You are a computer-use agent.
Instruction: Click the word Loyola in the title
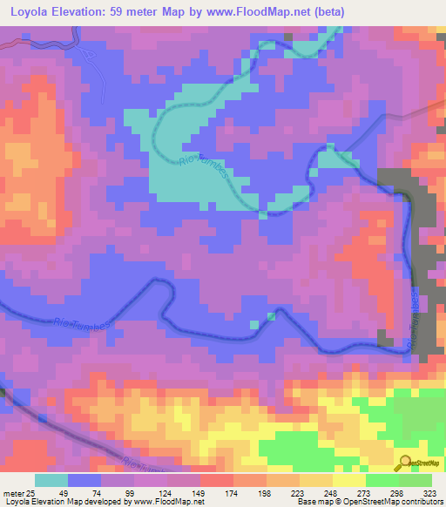point(32,12)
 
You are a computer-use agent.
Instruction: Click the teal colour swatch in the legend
point(51,480)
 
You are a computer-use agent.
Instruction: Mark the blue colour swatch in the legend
point(84,480)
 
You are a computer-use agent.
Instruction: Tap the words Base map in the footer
point(307,502)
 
